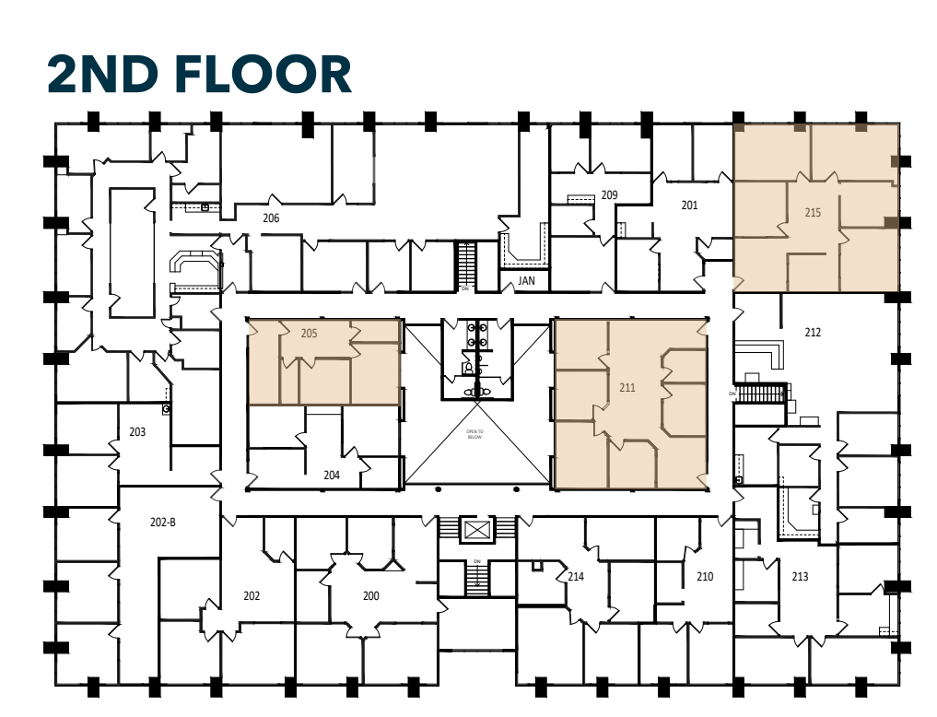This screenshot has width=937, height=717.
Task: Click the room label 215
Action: pos(812,212)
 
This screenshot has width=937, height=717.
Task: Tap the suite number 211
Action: pos(627,388)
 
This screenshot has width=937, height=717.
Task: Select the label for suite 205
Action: pos(309,334)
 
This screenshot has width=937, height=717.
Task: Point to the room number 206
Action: pos(270,218)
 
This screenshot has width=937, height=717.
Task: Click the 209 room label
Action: pos(608,194)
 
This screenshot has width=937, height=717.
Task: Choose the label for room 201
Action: pos(689,205)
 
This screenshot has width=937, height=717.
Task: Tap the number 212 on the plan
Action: pos(812,333)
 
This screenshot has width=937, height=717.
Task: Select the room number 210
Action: pos(704,577)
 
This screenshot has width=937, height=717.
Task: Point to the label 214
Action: pos(575,577)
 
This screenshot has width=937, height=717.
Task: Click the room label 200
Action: pos(370,596)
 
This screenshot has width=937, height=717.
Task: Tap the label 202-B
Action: pos(162,523)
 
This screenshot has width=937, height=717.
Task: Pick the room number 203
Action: pos(137,432)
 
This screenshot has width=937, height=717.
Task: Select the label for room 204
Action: pos(332,476)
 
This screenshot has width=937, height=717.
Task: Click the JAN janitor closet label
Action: pos(526,280)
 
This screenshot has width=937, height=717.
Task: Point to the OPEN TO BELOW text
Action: pos(474,434)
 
